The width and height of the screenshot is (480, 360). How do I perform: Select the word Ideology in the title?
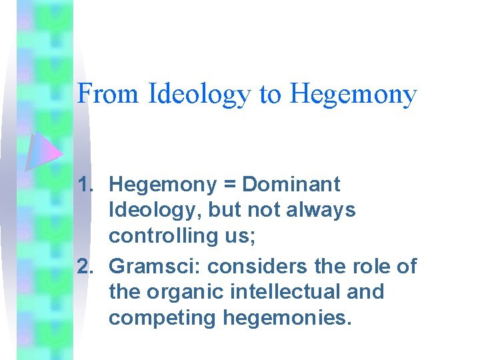click(x=199, y=95)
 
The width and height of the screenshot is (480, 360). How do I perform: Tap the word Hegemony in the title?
click(x=353, y=95)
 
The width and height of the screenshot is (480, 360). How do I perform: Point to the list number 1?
click(x=86, y=184)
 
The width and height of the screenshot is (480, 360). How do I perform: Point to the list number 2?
click(x=86, y=266)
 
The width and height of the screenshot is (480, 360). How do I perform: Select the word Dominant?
click(x=291, y=184)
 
